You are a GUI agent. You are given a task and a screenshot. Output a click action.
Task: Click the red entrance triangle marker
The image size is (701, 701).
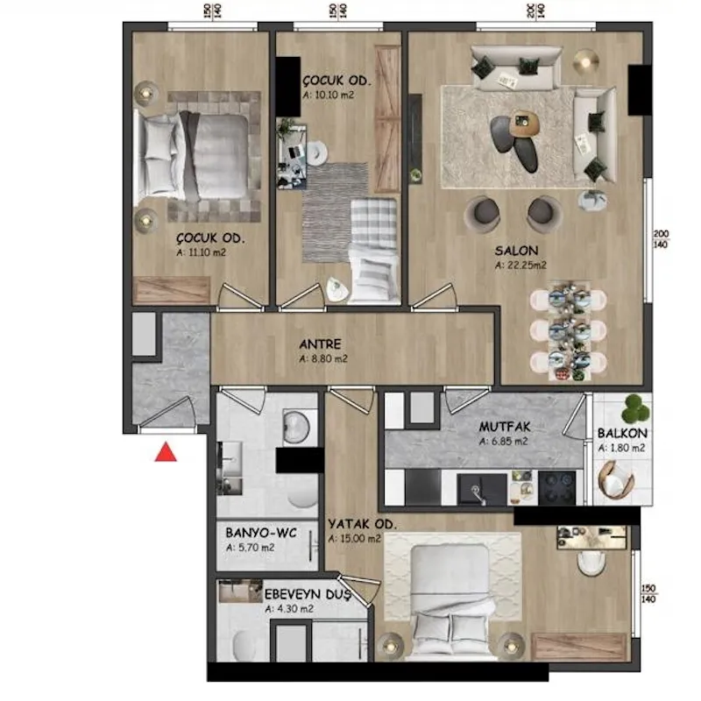click(x=166, y=452)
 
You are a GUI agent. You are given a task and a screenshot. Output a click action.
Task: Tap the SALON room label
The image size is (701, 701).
click(x=516, y=251)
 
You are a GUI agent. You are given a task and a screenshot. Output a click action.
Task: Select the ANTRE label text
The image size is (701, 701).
click(x=320, y=344)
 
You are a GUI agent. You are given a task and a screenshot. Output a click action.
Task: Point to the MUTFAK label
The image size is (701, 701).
click(x=505, y=427)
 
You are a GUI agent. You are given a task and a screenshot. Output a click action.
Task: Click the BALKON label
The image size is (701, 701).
click(x=622, y=433)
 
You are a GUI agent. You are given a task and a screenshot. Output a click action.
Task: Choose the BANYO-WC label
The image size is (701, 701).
click(x=261, y=533)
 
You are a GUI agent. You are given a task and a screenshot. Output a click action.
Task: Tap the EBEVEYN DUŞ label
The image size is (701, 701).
click(x=308, y=595)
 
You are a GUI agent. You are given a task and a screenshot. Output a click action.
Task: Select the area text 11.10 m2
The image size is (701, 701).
click(x=207, y=252)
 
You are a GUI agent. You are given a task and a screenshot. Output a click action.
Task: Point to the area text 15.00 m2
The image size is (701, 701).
click(x=360, y=539)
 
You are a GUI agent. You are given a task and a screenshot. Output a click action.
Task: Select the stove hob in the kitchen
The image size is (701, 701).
click(x=557, y=488)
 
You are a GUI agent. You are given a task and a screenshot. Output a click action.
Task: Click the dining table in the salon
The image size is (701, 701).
click(x=568, y=331)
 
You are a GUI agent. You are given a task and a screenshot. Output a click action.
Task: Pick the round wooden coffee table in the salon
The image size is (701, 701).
click(x=525, y=124)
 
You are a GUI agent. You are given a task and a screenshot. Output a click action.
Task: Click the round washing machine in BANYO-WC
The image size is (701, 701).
click(x=296, y=427)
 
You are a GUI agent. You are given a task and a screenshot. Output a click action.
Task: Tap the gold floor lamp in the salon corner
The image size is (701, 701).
click(x=586, y=61)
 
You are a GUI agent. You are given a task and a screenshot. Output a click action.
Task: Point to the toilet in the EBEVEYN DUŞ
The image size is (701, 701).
click(x=244, y=646)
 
